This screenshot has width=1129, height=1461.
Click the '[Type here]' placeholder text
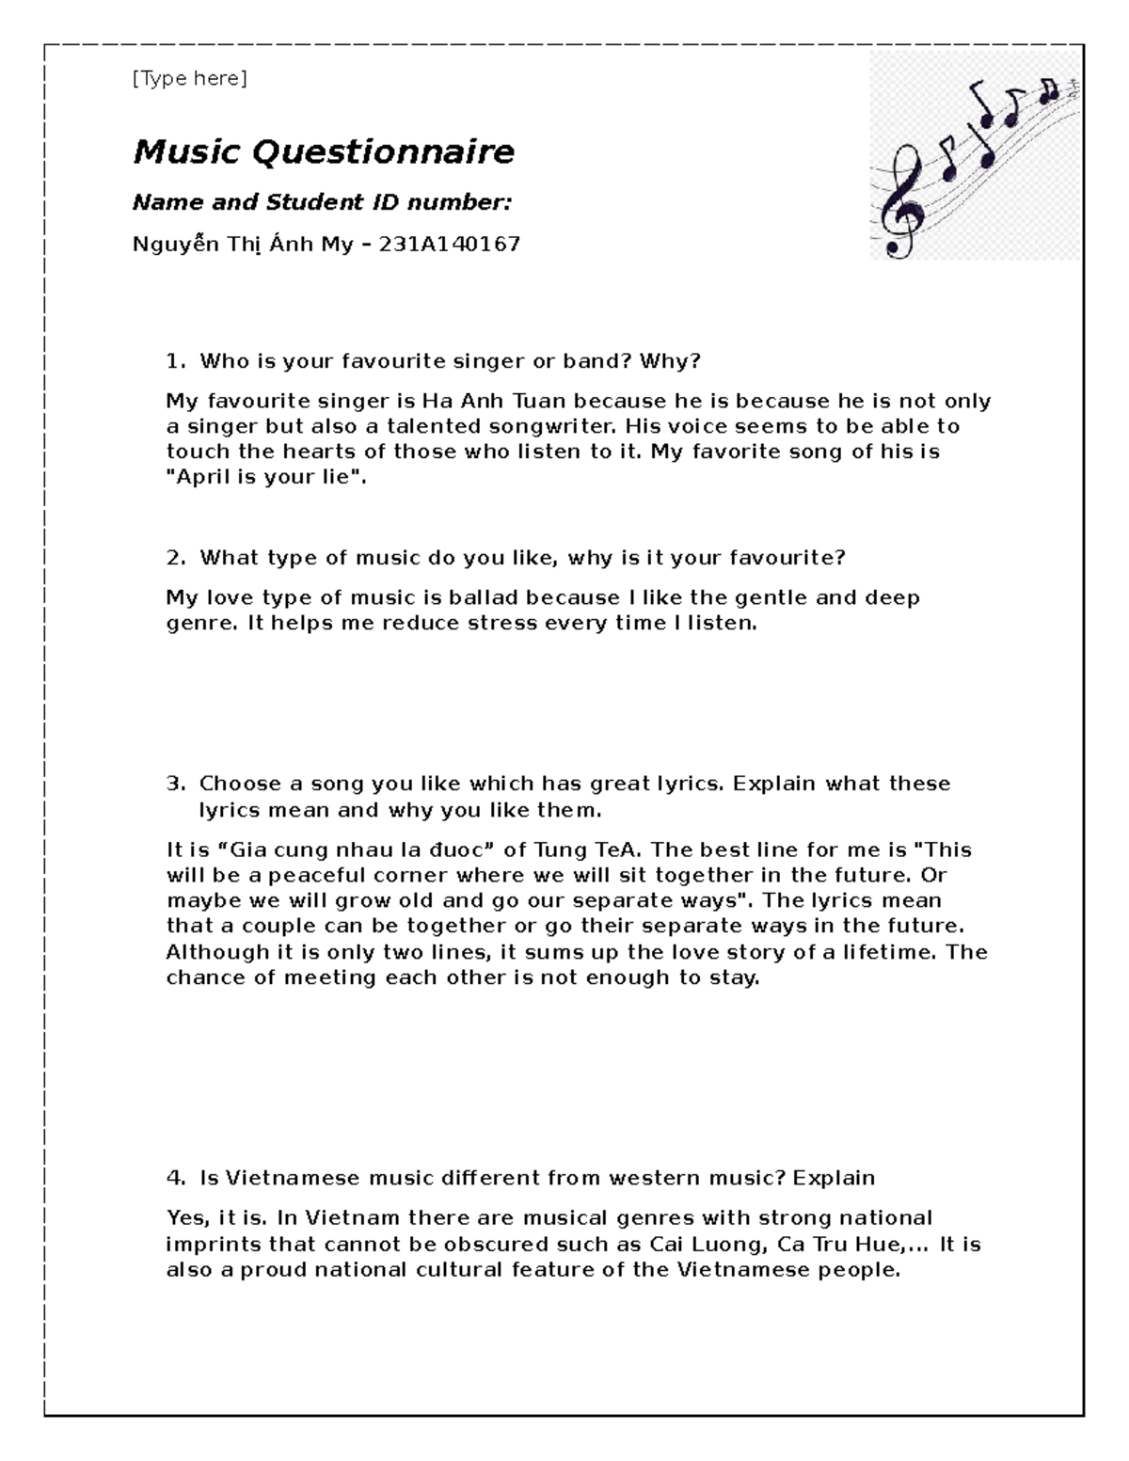(189, 79)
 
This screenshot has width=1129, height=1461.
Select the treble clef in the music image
(898, 201)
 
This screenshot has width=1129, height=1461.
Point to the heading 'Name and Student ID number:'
(322, 203)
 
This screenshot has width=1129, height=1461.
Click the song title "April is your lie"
(263, 477)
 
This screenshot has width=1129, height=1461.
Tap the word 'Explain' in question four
(834, 1179)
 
